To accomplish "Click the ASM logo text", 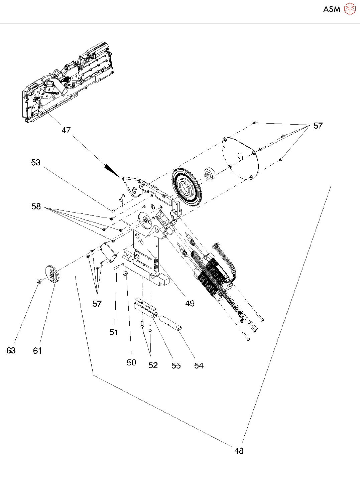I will click(332, 9).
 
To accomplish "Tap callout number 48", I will click(239, 451).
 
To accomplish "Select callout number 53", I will click(36, 162).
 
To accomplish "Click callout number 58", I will click(36, 207).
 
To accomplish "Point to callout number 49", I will click(190, 303).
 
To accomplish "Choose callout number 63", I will click(11, 350).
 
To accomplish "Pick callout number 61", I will click(37, 351).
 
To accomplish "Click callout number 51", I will click(114, 332).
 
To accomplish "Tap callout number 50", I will click(131, 362).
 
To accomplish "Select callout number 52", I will click(153, 365).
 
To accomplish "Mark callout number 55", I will click(176, 366).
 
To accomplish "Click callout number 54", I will click(199, 366).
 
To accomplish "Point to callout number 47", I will click(66, 130).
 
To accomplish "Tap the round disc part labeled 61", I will click(52, 274).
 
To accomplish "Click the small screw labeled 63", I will click(39, 282).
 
